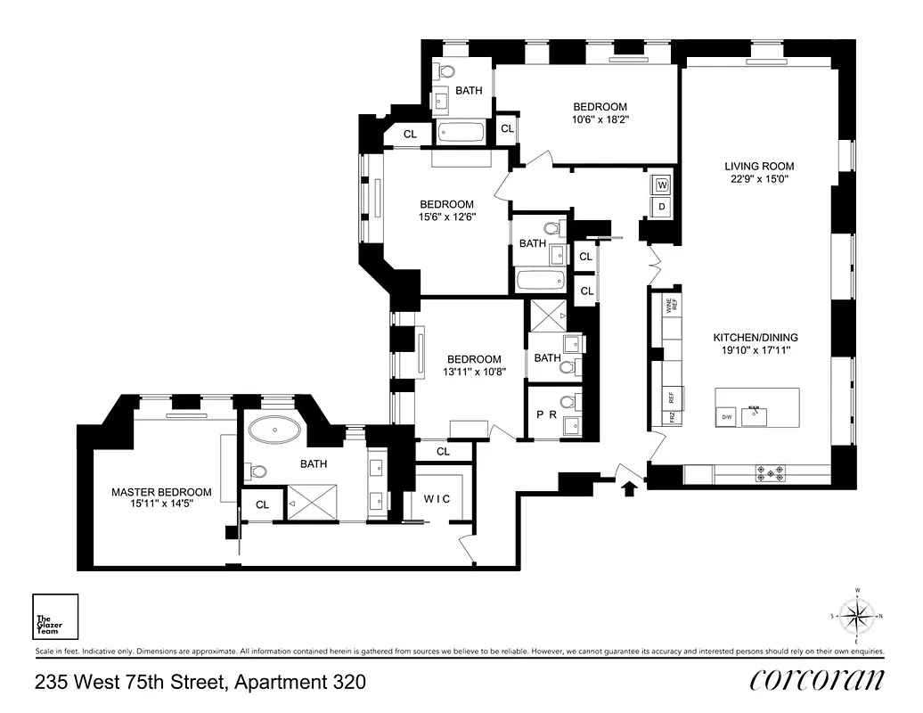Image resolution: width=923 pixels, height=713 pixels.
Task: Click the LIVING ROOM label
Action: [758, 166]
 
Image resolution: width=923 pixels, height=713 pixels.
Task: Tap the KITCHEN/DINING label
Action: [755, 338]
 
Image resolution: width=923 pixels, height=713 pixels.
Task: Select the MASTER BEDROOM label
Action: [161, 492]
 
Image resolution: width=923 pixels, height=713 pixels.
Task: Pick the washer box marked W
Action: [662, 185]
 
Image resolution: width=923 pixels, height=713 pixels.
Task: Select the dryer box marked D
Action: [662, 207]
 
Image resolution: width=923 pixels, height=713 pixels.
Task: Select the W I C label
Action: [437, 499]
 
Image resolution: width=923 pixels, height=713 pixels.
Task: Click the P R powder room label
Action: [545, 415]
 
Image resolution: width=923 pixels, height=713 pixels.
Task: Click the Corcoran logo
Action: [817, 680]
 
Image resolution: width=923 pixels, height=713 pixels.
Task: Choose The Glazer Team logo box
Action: [55, 617]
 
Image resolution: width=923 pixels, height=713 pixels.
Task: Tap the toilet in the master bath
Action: [258, 471]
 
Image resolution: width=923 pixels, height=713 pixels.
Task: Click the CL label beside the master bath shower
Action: [263, 504]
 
